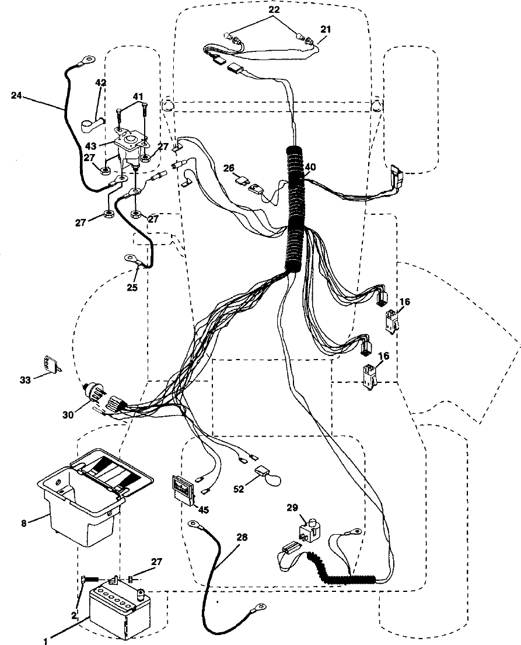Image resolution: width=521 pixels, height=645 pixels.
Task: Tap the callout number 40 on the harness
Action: [310, 168]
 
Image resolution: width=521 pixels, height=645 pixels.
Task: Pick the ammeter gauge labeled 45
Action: [183, 489]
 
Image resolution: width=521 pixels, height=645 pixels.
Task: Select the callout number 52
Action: [239, 489]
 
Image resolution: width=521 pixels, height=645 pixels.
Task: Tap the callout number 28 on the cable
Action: [242, 537]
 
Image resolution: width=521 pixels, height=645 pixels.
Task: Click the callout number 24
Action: [16, 96]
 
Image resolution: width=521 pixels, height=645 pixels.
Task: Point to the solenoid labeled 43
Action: [130, 147]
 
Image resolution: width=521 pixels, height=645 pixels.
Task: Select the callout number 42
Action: [101, 83]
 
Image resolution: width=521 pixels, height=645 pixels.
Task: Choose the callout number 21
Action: [326, 29]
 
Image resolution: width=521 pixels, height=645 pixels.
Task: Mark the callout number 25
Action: [132, 288]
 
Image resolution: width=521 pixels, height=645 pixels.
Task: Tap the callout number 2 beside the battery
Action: [74, 616]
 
